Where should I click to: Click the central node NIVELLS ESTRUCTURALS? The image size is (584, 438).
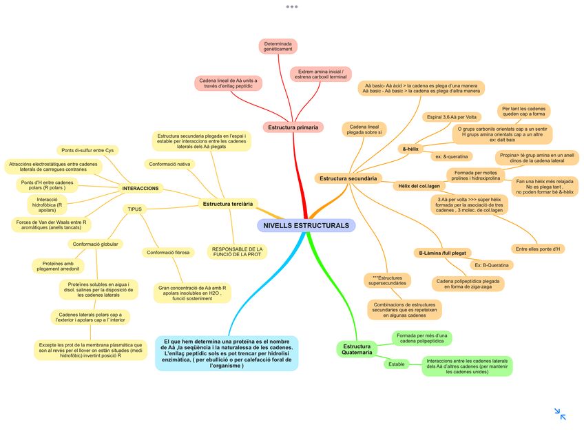pyautogui.click(x=306, y=226)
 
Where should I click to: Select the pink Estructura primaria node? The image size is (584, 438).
pyautogui.click(x=293, y=127)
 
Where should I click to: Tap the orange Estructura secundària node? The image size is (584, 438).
pyautogui.click(x=348, y=178)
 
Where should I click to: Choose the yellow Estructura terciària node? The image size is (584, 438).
pyautogui.click(x=228, y=203)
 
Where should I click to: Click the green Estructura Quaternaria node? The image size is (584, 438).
pyautogui.click(x=357, y=349)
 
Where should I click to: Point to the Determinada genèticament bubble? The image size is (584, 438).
pyautogui.click(x=278, y=46)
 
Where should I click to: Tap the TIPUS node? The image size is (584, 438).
pyautogui.click(x=134, y=209)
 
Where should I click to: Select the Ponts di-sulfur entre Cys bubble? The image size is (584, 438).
pyautogui.click(x=87, y=150)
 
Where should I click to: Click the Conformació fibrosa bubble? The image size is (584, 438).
pyautogui.click(x=168, y=253)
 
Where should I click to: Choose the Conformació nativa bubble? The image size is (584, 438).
pyautogui.click(x=169, y=164)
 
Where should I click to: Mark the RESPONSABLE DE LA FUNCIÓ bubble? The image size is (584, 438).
pyautogui.click(x=236, y=252)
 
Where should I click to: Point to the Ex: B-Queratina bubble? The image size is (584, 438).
pyautogui.click(x=492, y=265)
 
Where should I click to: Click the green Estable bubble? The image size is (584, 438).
pyautogui.click(x=397, y=364)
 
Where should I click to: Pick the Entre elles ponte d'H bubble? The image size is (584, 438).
pyautogui.click(x=538, y=249)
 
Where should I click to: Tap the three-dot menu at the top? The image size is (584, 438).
pyautogui.click(x=292, y=7)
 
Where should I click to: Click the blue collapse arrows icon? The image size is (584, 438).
pyautogui.click(x=560, y=414)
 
